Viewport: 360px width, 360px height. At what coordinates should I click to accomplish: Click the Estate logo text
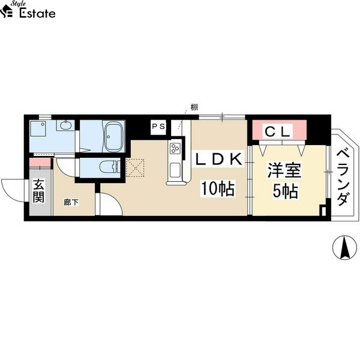click(x=37, y=13)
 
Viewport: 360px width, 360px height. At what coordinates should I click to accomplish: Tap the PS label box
click(x=158, y=126)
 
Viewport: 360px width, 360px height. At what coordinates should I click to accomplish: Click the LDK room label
click(x=218, y=159)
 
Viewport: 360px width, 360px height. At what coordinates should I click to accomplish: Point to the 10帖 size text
click(x=218, y=188)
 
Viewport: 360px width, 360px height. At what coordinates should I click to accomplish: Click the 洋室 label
click(x=284, y=170)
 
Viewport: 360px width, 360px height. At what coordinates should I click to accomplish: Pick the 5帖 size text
click(x=286, y=191)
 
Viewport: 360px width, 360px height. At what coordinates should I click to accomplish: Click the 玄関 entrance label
click(x=38, y=191)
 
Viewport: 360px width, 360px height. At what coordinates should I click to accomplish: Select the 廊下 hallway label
click(x=71, y=203)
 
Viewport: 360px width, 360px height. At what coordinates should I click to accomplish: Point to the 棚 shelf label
click(x=194, y=107)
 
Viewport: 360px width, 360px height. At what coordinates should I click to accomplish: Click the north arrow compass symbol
click(x=344, y=247)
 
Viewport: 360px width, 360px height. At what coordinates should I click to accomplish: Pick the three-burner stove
click(x=175, y=148)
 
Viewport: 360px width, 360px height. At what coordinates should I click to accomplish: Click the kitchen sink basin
click(x=175, y=170)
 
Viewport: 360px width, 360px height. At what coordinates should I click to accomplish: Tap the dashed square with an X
click(x=135, y=167)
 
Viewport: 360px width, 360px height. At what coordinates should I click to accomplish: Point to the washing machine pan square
click(x=38, y=129)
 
